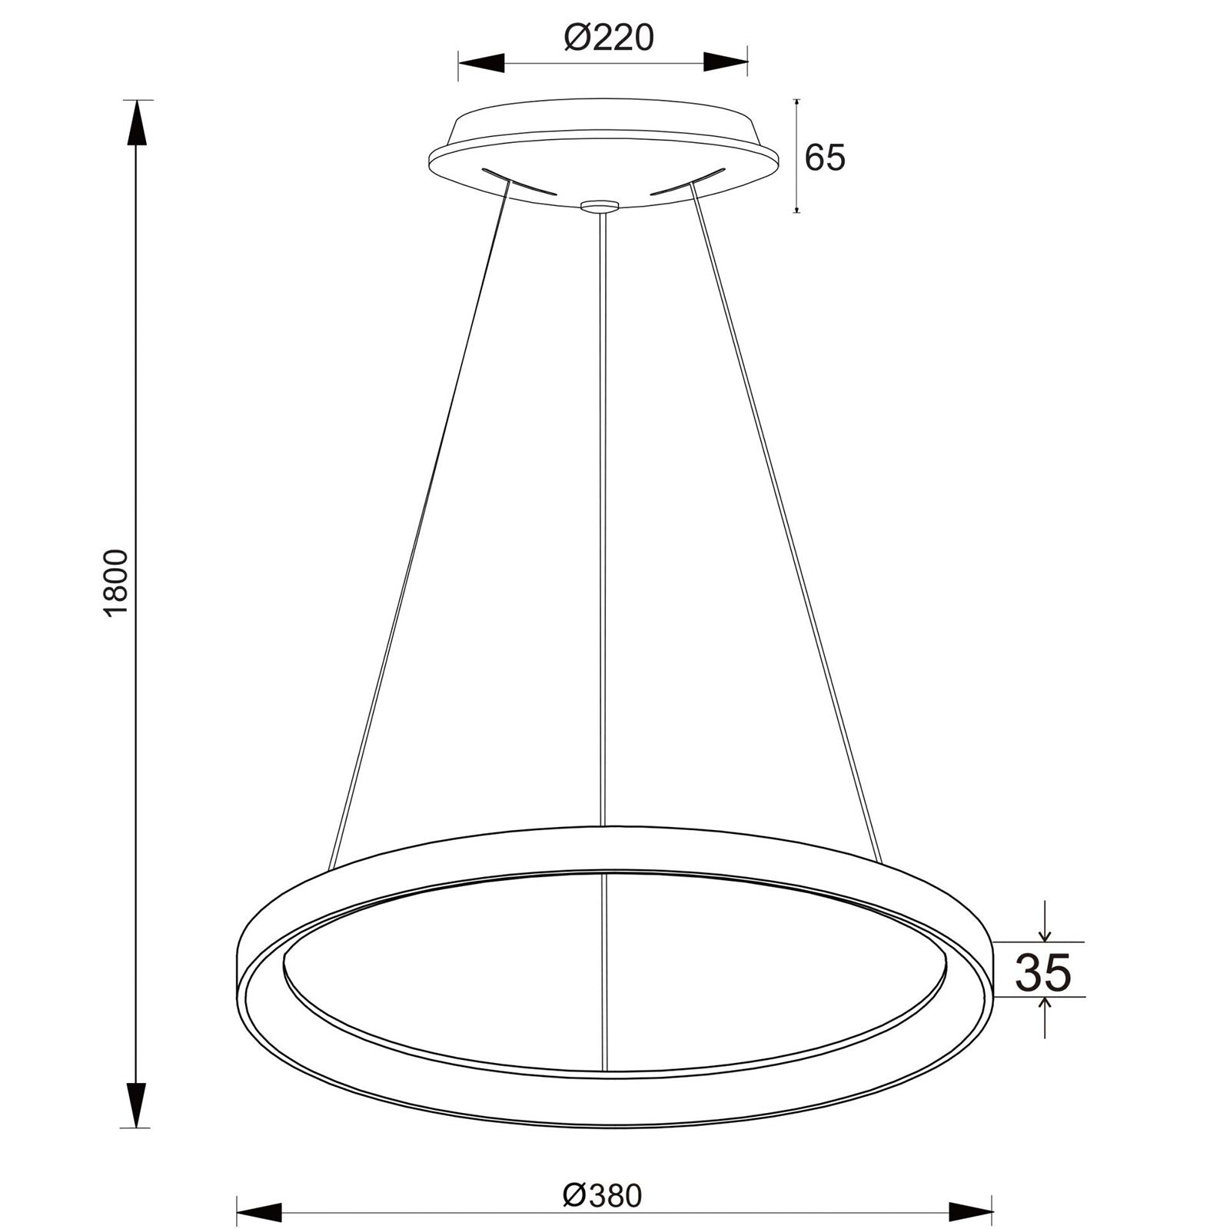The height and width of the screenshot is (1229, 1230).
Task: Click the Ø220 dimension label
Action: [x=608, y=37]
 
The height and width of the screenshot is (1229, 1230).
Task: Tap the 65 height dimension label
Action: [x=824, y=158]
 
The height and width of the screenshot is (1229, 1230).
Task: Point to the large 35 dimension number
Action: [x=1042, y=972]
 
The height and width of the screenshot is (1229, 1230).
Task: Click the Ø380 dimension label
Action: [x=601, y=1174]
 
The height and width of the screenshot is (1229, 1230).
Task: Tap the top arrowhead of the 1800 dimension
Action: [x=137, y=123]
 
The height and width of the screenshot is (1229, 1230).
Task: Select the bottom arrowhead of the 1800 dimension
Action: [x=137, y=1104]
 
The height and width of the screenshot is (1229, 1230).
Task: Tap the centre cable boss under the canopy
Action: [x=600, y=205]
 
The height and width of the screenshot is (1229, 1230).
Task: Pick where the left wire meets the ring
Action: [x=330, y=869]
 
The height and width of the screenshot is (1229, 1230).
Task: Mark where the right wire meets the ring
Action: [x=877, y=859]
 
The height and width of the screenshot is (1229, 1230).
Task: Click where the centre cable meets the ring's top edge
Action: [x=603, y=827]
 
